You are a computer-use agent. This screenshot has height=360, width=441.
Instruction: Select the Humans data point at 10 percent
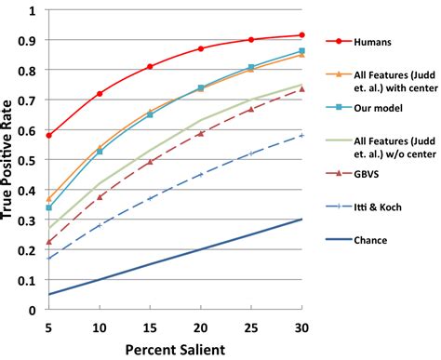point(100,94)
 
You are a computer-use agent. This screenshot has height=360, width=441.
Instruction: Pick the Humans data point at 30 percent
point(301,35)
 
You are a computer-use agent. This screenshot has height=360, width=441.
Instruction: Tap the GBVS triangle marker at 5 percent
point(49,242)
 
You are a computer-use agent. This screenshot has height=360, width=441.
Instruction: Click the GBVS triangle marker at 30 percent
point(301,89)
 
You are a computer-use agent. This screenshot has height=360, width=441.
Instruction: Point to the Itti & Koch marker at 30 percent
point(301,136)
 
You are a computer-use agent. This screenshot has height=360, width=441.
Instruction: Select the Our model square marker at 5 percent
point(49,207)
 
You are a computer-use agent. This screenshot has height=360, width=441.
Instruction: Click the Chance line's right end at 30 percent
point(301,220)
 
